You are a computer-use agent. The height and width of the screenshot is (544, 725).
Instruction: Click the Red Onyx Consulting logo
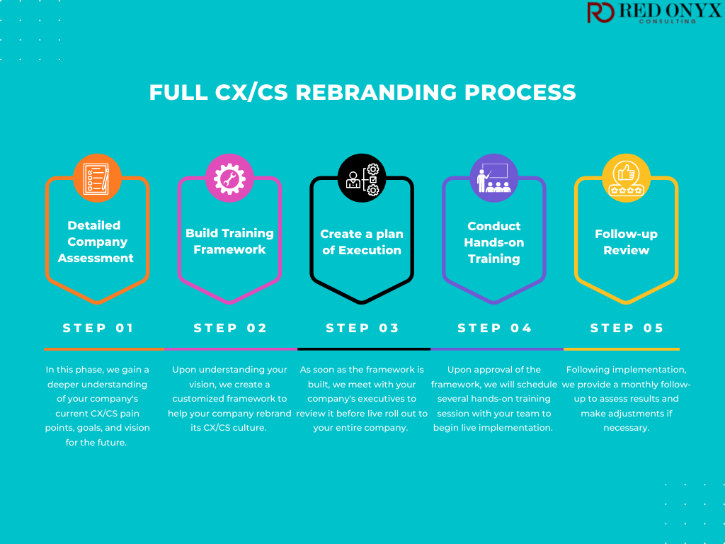[x=653, y=13]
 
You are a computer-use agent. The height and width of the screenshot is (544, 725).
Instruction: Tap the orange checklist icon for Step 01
[x=97, y=178]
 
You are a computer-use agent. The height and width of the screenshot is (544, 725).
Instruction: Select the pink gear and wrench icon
[x=229, y=178]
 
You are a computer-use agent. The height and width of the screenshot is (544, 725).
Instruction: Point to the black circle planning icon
[x=362, y=178]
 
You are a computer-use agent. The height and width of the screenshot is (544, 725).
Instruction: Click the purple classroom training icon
[x=494, y=178]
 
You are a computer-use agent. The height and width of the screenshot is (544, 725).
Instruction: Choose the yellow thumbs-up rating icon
[x=626, y=178]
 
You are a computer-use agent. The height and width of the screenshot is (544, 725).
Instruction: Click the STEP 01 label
[x=98, y=328]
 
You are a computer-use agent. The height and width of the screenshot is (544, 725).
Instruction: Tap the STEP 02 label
[x=230, y=328]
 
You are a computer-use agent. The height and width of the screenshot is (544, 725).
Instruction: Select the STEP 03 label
[x=362, y=328]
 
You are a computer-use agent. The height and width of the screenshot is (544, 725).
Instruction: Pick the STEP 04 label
[x=494, y=328]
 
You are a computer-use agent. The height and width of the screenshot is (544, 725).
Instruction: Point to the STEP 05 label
[x=627, y=328]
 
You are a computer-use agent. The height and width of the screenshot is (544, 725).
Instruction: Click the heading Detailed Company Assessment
[x=96, y=242]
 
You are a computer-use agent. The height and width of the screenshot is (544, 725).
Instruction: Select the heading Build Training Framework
[x=229, y=242]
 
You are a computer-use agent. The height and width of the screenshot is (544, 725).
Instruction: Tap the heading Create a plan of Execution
[x=362, y=242]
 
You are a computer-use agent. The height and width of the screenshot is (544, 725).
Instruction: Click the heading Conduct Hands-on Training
[x=494, y=242]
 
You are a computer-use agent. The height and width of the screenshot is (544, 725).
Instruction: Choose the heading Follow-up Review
[x=626, y=242]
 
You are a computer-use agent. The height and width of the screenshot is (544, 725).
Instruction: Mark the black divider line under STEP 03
[x=364, y=349]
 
